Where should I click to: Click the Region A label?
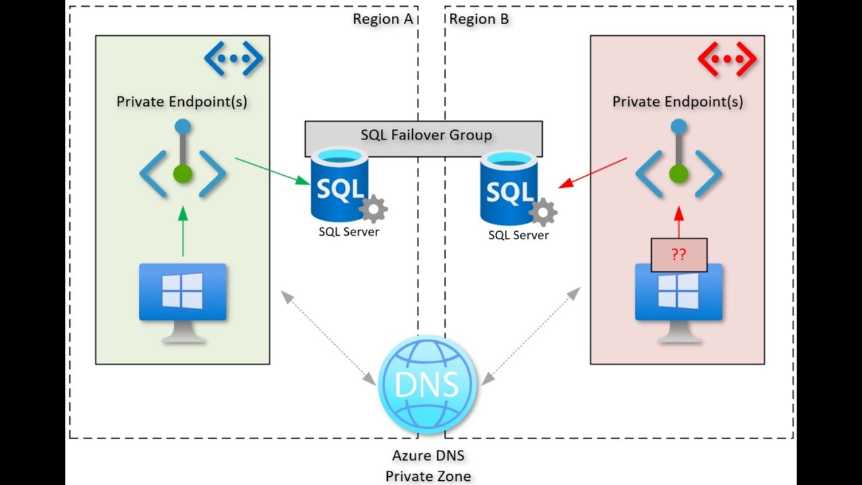(383, 19)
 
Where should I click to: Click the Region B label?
(479, 19)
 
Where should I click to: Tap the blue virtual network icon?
(233, 59)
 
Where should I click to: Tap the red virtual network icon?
(727, 59)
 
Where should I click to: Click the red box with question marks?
(679, 255)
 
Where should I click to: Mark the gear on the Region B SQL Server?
(543, 213)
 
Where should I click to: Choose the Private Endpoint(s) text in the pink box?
(677, 102)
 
